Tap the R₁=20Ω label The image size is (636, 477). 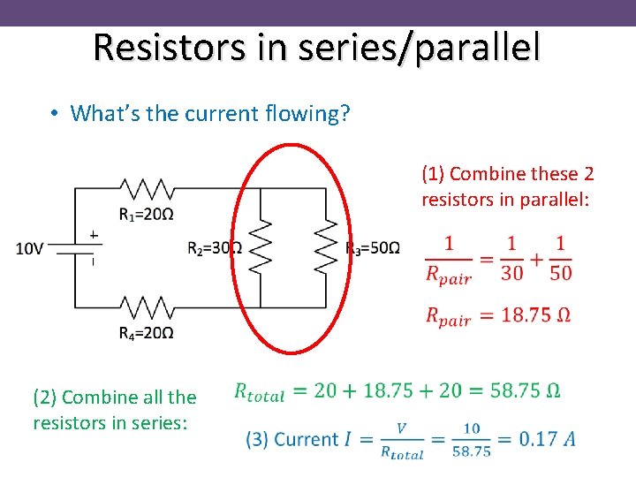coord(145,214)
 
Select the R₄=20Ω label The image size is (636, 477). coord(145,333)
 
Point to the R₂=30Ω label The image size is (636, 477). coord(215,248)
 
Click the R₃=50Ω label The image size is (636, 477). coord(373,247)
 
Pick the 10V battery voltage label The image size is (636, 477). coord(29,248)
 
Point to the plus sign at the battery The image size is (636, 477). coord(93,235)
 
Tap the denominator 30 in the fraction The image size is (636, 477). coord(512,273)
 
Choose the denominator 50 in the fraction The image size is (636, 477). coord(560,273)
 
